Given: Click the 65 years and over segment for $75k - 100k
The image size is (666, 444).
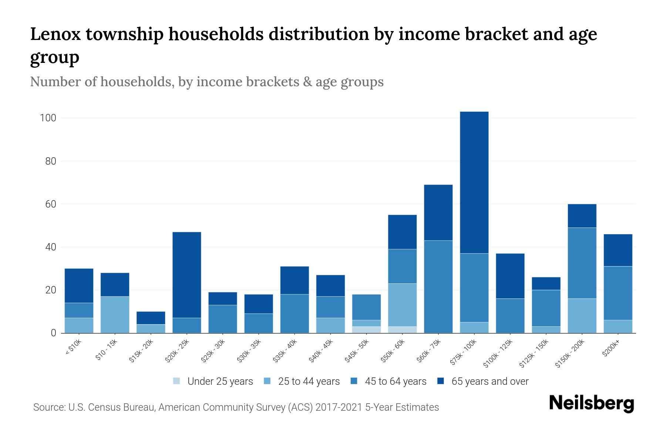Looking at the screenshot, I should (x=474, y=182).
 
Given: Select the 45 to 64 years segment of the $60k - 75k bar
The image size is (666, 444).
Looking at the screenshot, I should (x=438, y=287).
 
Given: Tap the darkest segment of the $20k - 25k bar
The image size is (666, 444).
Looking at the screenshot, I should (x=187, y=275).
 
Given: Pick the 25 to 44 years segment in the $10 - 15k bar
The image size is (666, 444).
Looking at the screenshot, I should (x=115, y=314).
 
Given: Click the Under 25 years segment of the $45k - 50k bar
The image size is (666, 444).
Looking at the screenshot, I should (x=366, y=330).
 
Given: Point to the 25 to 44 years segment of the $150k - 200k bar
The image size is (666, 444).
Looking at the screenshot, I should (x=582, y=316).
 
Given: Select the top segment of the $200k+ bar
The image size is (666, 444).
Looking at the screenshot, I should (x=618, y=250).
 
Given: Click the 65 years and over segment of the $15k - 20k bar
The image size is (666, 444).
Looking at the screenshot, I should (x=151, y=318).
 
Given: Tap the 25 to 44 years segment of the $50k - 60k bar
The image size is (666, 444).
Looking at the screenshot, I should (x=402, y=305).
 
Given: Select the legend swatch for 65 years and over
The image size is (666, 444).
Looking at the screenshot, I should (x=441, y=381).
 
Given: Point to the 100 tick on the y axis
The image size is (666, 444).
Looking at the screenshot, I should (x=48, y=118).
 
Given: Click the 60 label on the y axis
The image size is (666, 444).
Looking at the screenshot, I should (x=51, y=204).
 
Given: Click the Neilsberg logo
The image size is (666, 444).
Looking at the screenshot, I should (x=591, y=403).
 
